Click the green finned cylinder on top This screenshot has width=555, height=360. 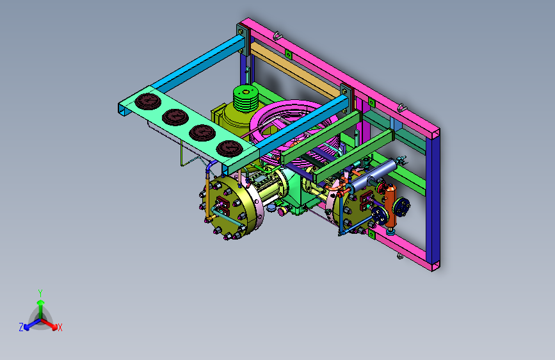point(246,99)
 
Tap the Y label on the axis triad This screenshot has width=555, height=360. point(40,293)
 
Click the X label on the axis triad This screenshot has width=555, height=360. point(60,327)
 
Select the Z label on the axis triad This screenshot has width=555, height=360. point(21,327)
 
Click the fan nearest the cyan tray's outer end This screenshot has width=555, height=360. point(148,101)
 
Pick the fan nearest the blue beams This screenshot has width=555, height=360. point(230,148)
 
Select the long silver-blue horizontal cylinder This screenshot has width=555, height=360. point(373,175)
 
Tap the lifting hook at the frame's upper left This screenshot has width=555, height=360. point(278,36)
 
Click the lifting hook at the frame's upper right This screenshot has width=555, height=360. point(401,108)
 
